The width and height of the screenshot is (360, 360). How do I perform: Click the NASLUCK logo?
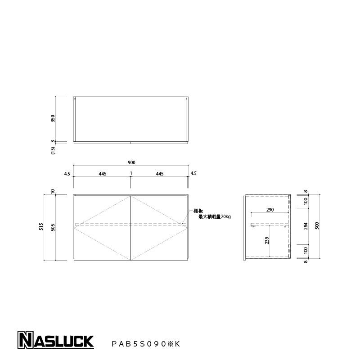(x=55, y=341)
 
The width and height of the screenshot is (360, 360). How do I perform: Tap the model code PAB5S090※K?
(x=145, y=344)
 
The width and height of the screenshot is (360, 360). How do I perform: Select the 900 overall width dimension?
(x=131, y=162)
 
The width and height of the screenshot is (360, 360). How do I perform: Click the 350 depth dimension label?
(x=53, y=119)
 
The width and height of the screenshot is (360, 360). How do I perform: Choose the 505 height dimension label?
(x=53, y=227)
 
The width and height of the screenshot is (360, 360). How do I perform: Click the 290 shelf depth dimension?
(x=270, y=210)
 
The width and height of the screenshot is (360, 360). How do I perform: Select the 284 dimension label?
(x=306, y=225)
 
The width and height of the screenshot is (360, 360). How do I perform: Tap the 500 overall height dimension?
(x=317, y=225)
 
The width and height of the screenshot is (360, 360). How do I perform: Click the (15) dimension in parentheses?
(x=53, y=151)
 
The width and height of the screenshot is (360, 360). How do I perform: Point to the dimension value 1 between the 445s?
(x=131, y=173)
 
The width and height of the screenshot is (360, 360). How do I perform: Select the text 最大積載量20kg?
(x=214, y=217)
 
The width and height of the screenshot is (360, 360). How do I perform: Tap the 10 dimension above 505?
(x=53, y=192)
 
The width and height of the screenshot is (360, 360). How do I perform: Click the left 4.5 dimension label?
(x=67, y=173)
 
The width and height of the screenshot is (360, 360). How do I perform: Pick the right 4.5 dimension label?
(x=193, y=173)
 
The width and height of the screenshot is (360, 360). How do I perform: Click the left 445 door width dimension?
(x=103, y=173)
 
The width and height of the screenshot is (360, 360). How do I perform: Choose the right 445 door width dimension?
(x=159, y=173)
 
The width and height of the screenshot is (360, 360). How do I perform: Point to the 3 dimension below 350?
(x=53, y=141)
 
